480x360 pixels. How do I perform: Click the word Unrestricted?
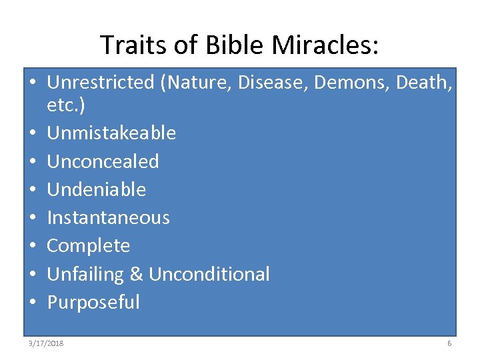coord(101,83)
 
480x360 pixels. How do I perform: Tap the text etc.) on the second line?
coord(66,105)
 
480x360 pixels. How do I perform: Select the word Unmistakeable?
coord(111,133)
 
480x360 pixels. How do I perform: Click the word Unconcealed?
coord(103,161)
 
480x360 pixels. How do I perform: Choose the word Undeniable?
coord(96,189)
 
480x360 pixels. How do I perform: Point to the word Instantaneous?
coord(108,217)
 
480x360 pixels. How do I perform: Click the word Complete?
coord(88,245)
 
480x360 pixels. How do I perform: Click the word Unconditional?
coord(209,274)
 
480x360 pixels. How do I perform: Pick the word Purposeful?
coord(93,302)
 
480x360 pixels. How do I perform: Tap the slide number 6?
coord(449,343)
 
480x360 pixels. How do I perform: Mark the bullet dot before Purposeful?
coord(33,303)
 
